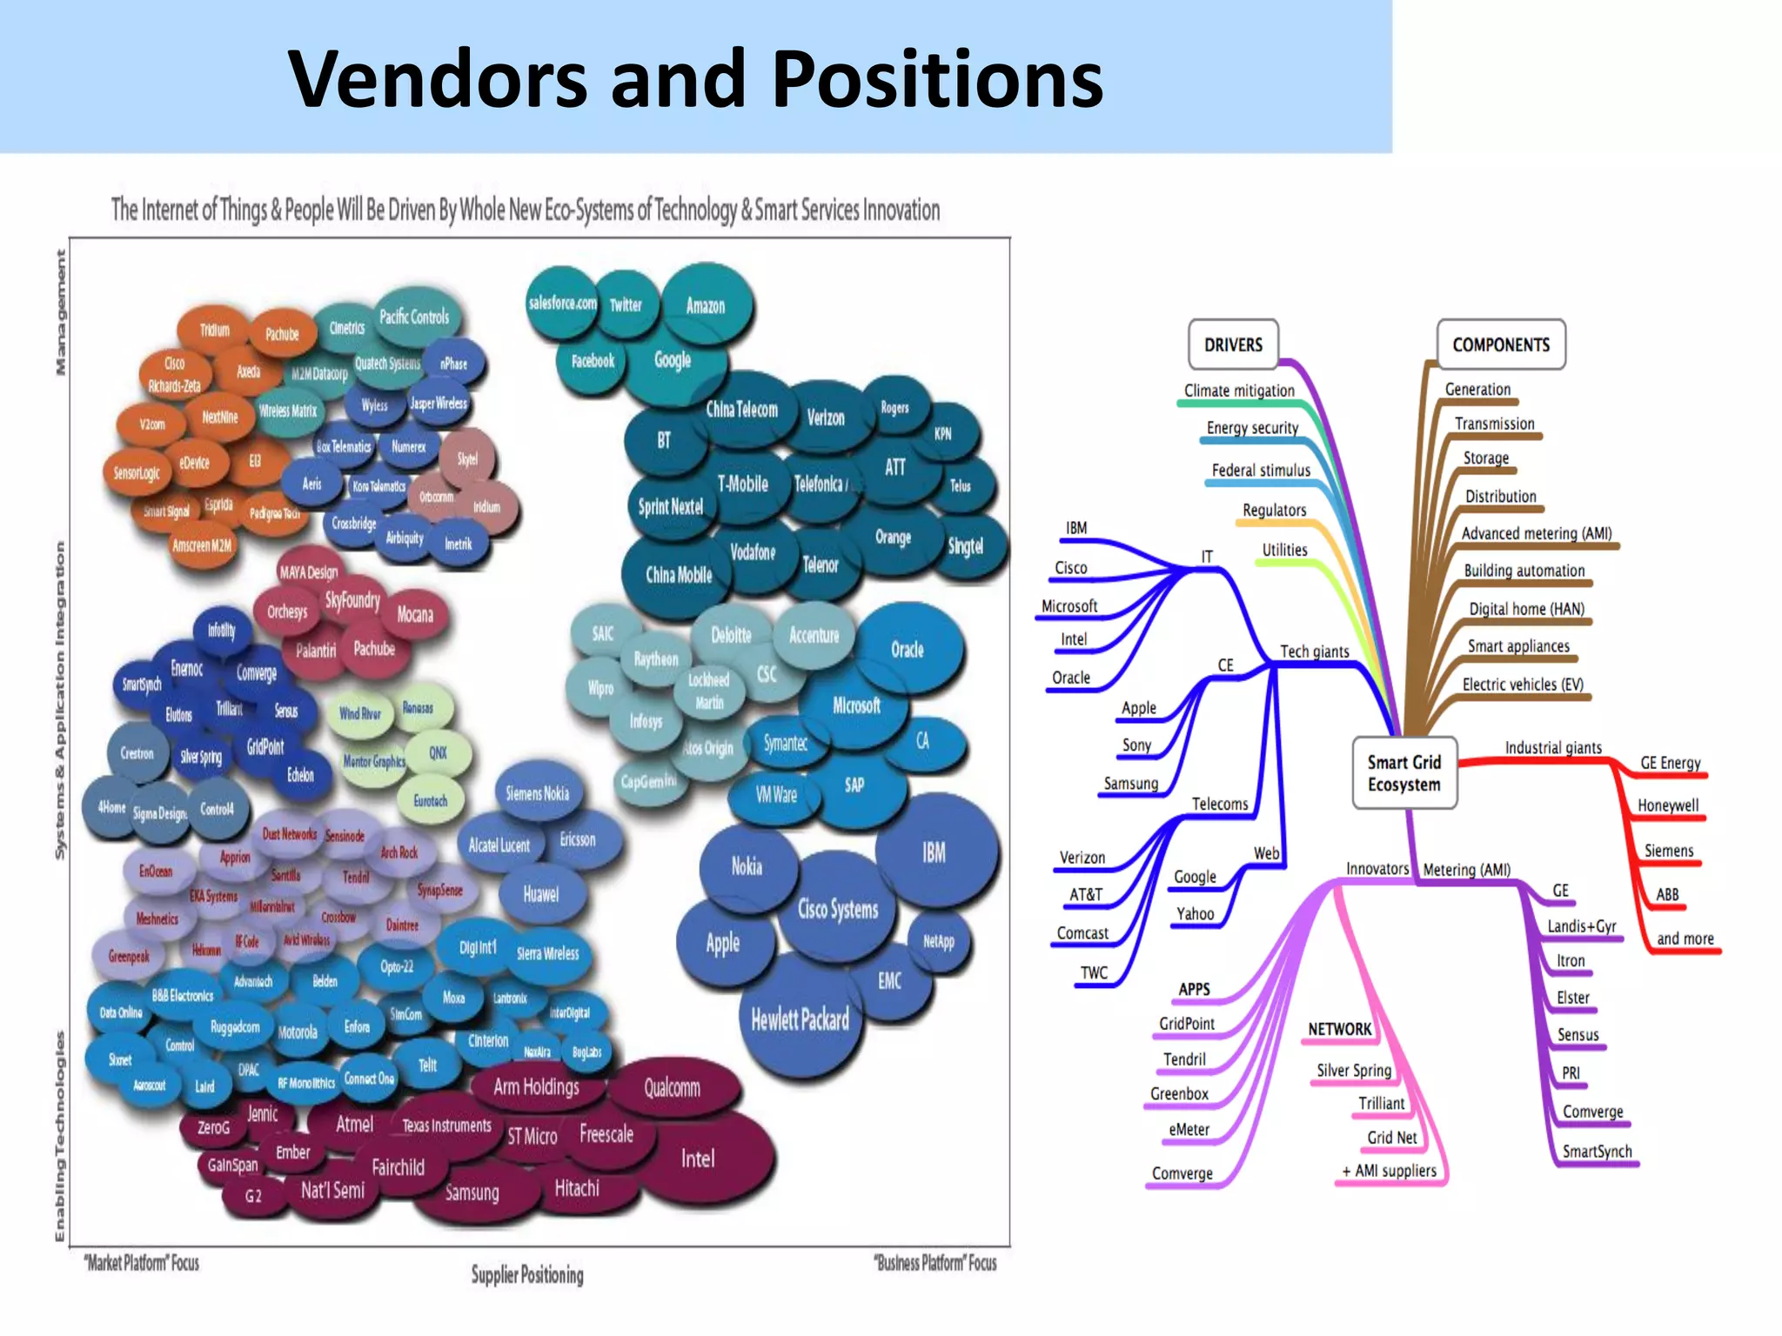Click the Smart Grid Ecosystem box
click(x=1403, y=773)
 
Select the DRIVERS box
click(x=1233, y=344)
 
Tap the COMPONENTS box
click(x=1501, y=344)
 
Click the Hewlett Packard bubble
click(x=800, y=1019)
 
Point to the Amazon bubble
click(x=705, y=305)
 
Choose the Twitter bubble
click(x=625, y=304)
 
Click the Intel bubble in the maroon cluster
click(x=697, y=1159)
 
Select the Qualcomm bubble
click(x=672, y=1087)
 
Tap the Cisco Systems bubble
click(x=838, y=909)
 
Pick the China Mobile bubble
click(x=678, y=574)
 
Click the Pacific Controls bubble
click(x=414, y=317)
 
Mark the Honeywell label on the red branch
click(x=1667, y=805)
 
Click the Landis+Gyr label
click(x=1581, y=926)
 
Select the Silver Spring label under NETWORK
click(x=1354, y=1071)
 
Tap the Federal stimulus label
click(x=1261, y=471)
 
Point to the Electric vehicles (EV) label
click(x=1523, y=685)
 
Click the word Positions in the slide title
click(x=937, y=79)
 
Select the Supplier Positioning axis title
click(x=527, y=1275)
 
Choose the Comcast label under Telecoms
click(x=1082, y=933)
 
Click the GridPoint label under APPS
click(x=1187, y=1024)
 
